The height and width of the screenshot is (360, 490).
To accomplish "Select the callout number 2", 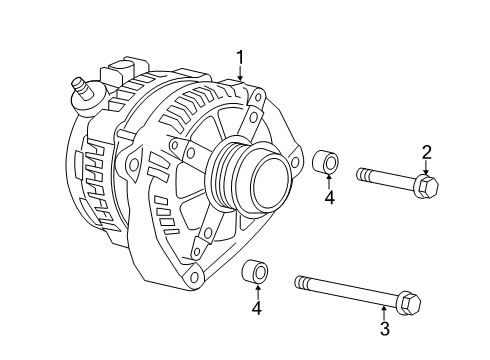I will point(427,152).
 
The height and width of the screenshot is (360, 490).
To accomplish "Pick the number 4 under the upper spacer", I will point(328,198).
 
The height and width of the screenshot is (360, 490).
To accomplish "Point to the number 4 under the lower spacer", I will point(257,308).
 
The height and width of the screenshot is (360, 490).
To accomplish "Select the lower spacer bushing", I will point(256,271).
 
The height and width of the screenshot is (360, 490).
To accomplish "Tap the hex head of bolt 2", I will point(426,186).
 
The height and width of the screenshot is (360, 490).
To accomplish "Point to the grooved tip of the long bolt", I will point(301,282).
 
